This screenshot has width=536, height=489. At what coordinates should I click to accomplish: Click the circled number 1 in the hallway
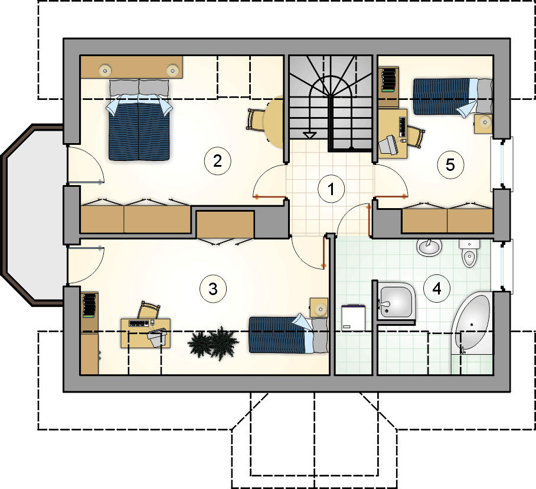pos(331,189)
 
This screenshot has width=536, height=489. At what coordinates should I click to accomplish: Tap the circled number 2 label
pos(217,161)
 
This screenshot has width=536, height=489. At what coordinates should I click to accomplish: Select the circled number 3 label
pos(213,289)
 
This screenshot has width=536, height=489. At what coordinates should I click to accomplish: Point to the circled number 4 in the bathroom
pos(436,289)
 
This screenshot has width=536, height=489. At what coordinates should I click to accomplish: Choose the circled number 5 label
pos(450,165)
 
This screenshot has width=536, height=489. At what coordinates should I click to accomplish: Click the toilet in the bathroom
pos(469,253)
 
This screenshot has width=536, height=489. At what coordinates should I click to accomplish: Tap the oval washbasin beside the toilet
pos(429,247)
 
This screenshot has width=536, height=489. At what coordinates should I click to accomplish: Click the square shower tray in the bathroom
pos(397,302)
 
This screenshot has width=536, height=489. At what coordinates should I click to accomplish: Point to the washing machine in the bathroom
pos(353,318)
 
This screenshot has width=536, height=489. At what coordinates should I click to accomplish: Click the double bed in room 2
pos(139,119)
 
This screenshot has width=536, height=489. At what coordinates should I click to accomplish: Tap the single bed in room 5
pos(453,97)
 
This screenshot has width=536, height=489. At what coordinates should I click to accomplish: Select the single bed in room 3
pos(288,334)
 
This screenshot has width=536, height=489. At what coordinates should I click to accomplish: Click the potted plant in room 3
pos(213,343)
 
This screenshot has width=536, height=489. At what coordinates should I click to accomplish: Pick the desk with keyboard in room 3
pos(146,333)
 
